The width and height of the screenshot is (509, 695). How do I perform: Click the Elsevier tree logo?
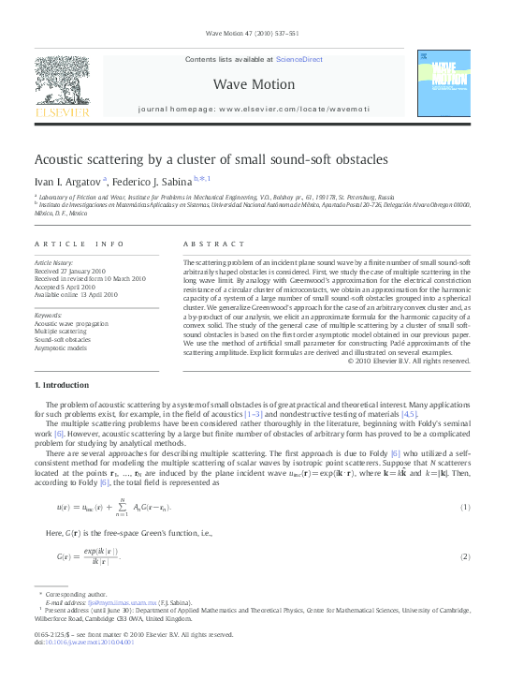(x=62, y=82)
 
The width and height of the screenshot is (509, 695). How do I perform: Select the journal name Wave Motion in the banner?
(x=254, y=84)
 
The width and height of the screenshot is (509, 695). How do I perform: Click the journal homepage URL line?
(x=254, y=110)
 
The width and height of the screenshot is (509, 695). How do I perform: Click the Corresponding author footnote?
(x=72, y=594)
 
